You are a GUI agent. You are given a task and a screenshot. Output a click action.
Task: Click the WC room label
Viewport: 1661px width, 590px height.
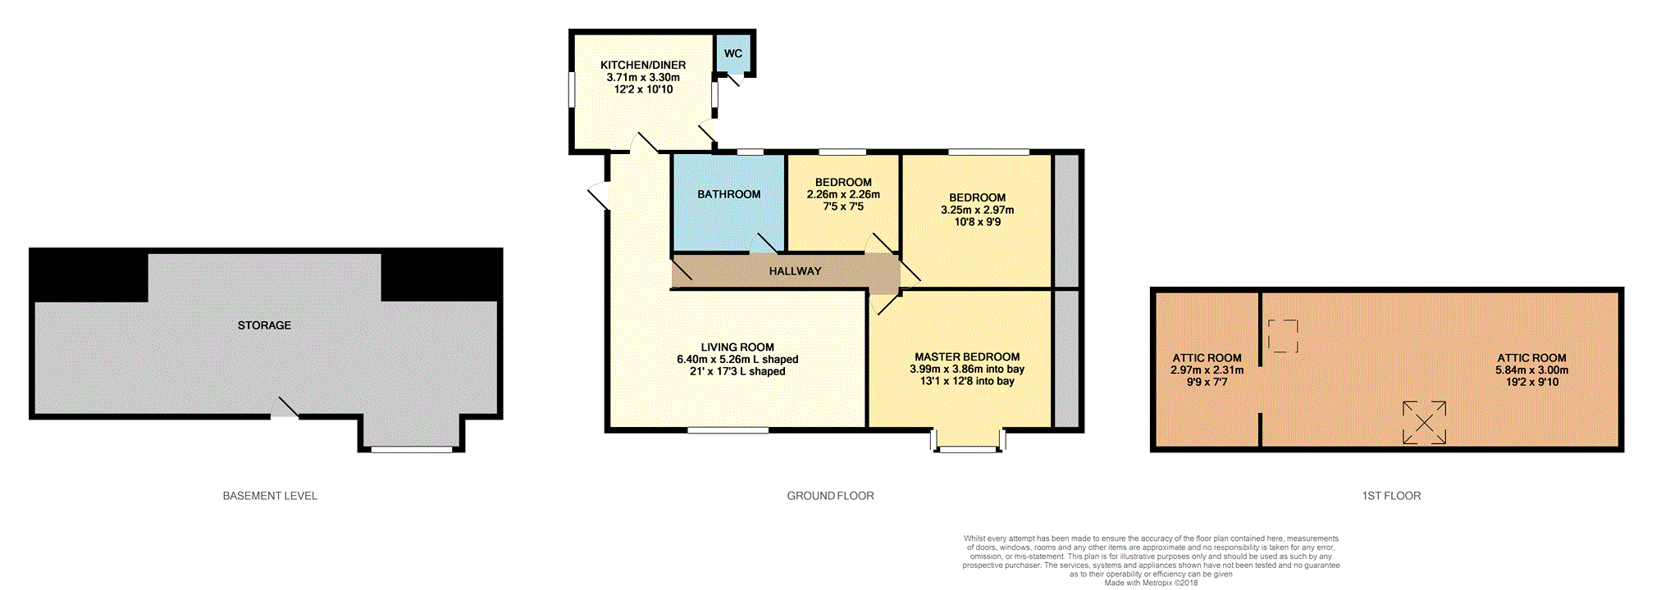pyautogui.click(x=732, y=53)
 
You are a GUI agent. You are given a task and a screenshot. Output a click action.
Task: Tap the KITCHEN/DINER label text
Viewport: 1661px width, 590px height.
pyautogui.click(x=643, y=65)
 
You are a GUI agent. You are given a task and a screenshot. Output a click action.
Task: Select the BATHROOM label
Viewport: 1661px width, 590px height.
pyautogui.click(x=729, y=194)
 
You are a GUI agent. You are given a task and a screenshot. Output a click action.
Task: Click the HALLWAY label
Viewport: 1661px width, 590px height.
pyautogui.click(x=795, y=271)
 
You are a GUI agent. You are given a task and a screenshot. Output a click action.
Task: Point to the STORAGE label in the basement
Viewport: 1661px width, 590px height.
pyautogui.click(x=264, y=325)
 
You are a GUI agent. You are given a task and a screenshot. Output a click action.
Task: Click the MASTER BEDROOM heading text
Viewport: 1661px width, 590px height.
pyautogui.click(x=967, y=357)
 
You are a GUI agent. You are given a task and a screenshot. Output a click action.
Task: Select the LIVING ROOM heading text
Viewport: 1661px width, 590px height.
pyautogui.click(x=737, y=347)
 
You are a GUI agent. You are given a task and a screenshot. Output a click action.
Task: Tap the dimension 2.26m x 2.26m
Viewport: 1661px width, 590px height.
pyautogui.click(x=843, y=194)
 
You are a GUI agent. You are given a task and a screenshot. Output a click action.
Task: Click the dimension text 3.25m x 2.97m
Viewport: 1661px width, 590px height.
pyautogui.click(x=977, y=210)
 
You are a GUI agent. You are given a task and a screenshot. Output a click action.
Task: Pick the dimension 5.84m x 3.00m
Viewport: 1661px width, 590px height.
pyautogui.click(x=1531, y=370)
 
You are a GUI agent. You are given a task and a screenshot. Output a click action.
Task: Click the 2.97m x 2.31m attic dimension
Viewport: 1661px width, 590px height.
pyautogui.click(x=1207, y=370)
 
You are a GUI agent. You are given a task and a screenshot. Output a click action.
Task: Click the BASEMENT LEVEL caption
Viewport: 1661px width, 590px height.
pyautogui.click(x=270, y=496)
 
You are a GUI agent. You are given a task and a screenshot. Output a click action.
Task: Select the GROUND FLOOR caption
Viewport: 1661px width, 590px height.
pyautogui.click(x=830, y=496)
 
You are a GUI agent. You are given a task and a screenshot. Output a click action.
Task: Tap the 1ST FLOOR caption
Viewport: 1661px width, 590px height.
pyautogui.click(x=1391, y=496)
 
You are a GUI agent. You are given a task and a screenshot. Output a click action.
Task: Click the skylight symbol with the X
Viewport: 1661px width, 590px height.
pyautogui.click(x=1424, y=423)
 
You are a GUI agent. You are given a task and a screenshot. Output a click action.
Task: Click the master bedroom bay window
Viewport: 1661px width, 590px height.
pyautogui.click(x=968, y=448)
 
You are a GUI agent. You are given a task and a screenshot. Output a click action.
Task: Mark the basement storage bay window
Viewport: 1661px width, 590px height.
pyautogui.click(x=411, y=449)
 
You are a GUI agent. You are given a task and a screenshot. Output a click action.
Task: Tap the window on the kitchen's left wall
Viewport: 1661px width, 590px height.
pyautogui.click(x=572, y=90)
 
